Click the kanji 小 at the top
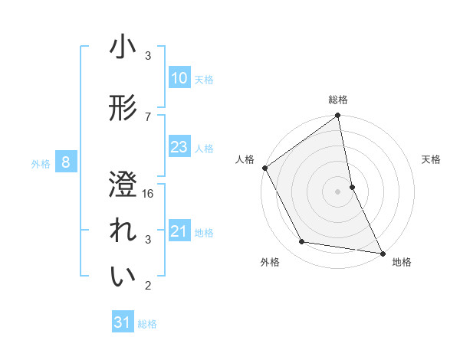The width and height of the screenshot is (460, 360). click(123, 47)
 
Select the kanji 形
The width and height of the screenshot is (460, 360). click(123, 109)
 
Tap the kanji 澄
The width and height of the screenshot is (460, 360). click(123, 184)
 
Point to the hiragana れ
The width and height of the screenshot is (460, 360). click(123, 231)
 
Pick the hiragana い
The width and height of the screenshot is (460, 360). click(123, 277)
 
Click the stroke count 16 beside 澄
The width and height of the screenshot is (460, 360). click(149, 194)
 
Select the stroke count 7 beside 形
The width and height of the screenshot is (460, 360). click(149, 116)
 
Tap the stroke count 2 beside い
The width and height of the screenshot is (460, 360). click(149, 286)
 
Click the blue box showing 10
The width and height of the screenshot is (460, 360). click(179, 78)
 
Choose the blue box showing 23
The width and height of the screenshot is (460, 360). click(179, 147)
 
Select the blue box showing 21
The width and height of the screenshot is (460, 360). click(179, 231)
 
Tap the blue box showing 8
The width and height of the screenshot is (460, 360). click(66, 162)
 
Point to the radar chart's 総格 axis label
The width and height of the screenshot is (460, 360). click(338, 100)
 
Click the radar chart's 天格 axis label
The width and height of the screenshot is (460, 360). click(431, 159)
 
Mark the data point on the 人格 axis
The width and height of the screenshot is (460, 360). click(264, 168)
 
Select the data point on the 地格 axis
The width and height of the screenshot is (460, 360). click(382, 253)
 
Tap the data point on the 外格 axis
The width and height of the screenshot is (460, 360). click(302, 242)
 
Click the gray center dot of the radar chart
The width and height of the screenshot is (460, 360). click(338, 191)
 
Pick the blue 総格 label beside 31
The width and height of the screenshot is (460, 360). click(147, 324)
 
